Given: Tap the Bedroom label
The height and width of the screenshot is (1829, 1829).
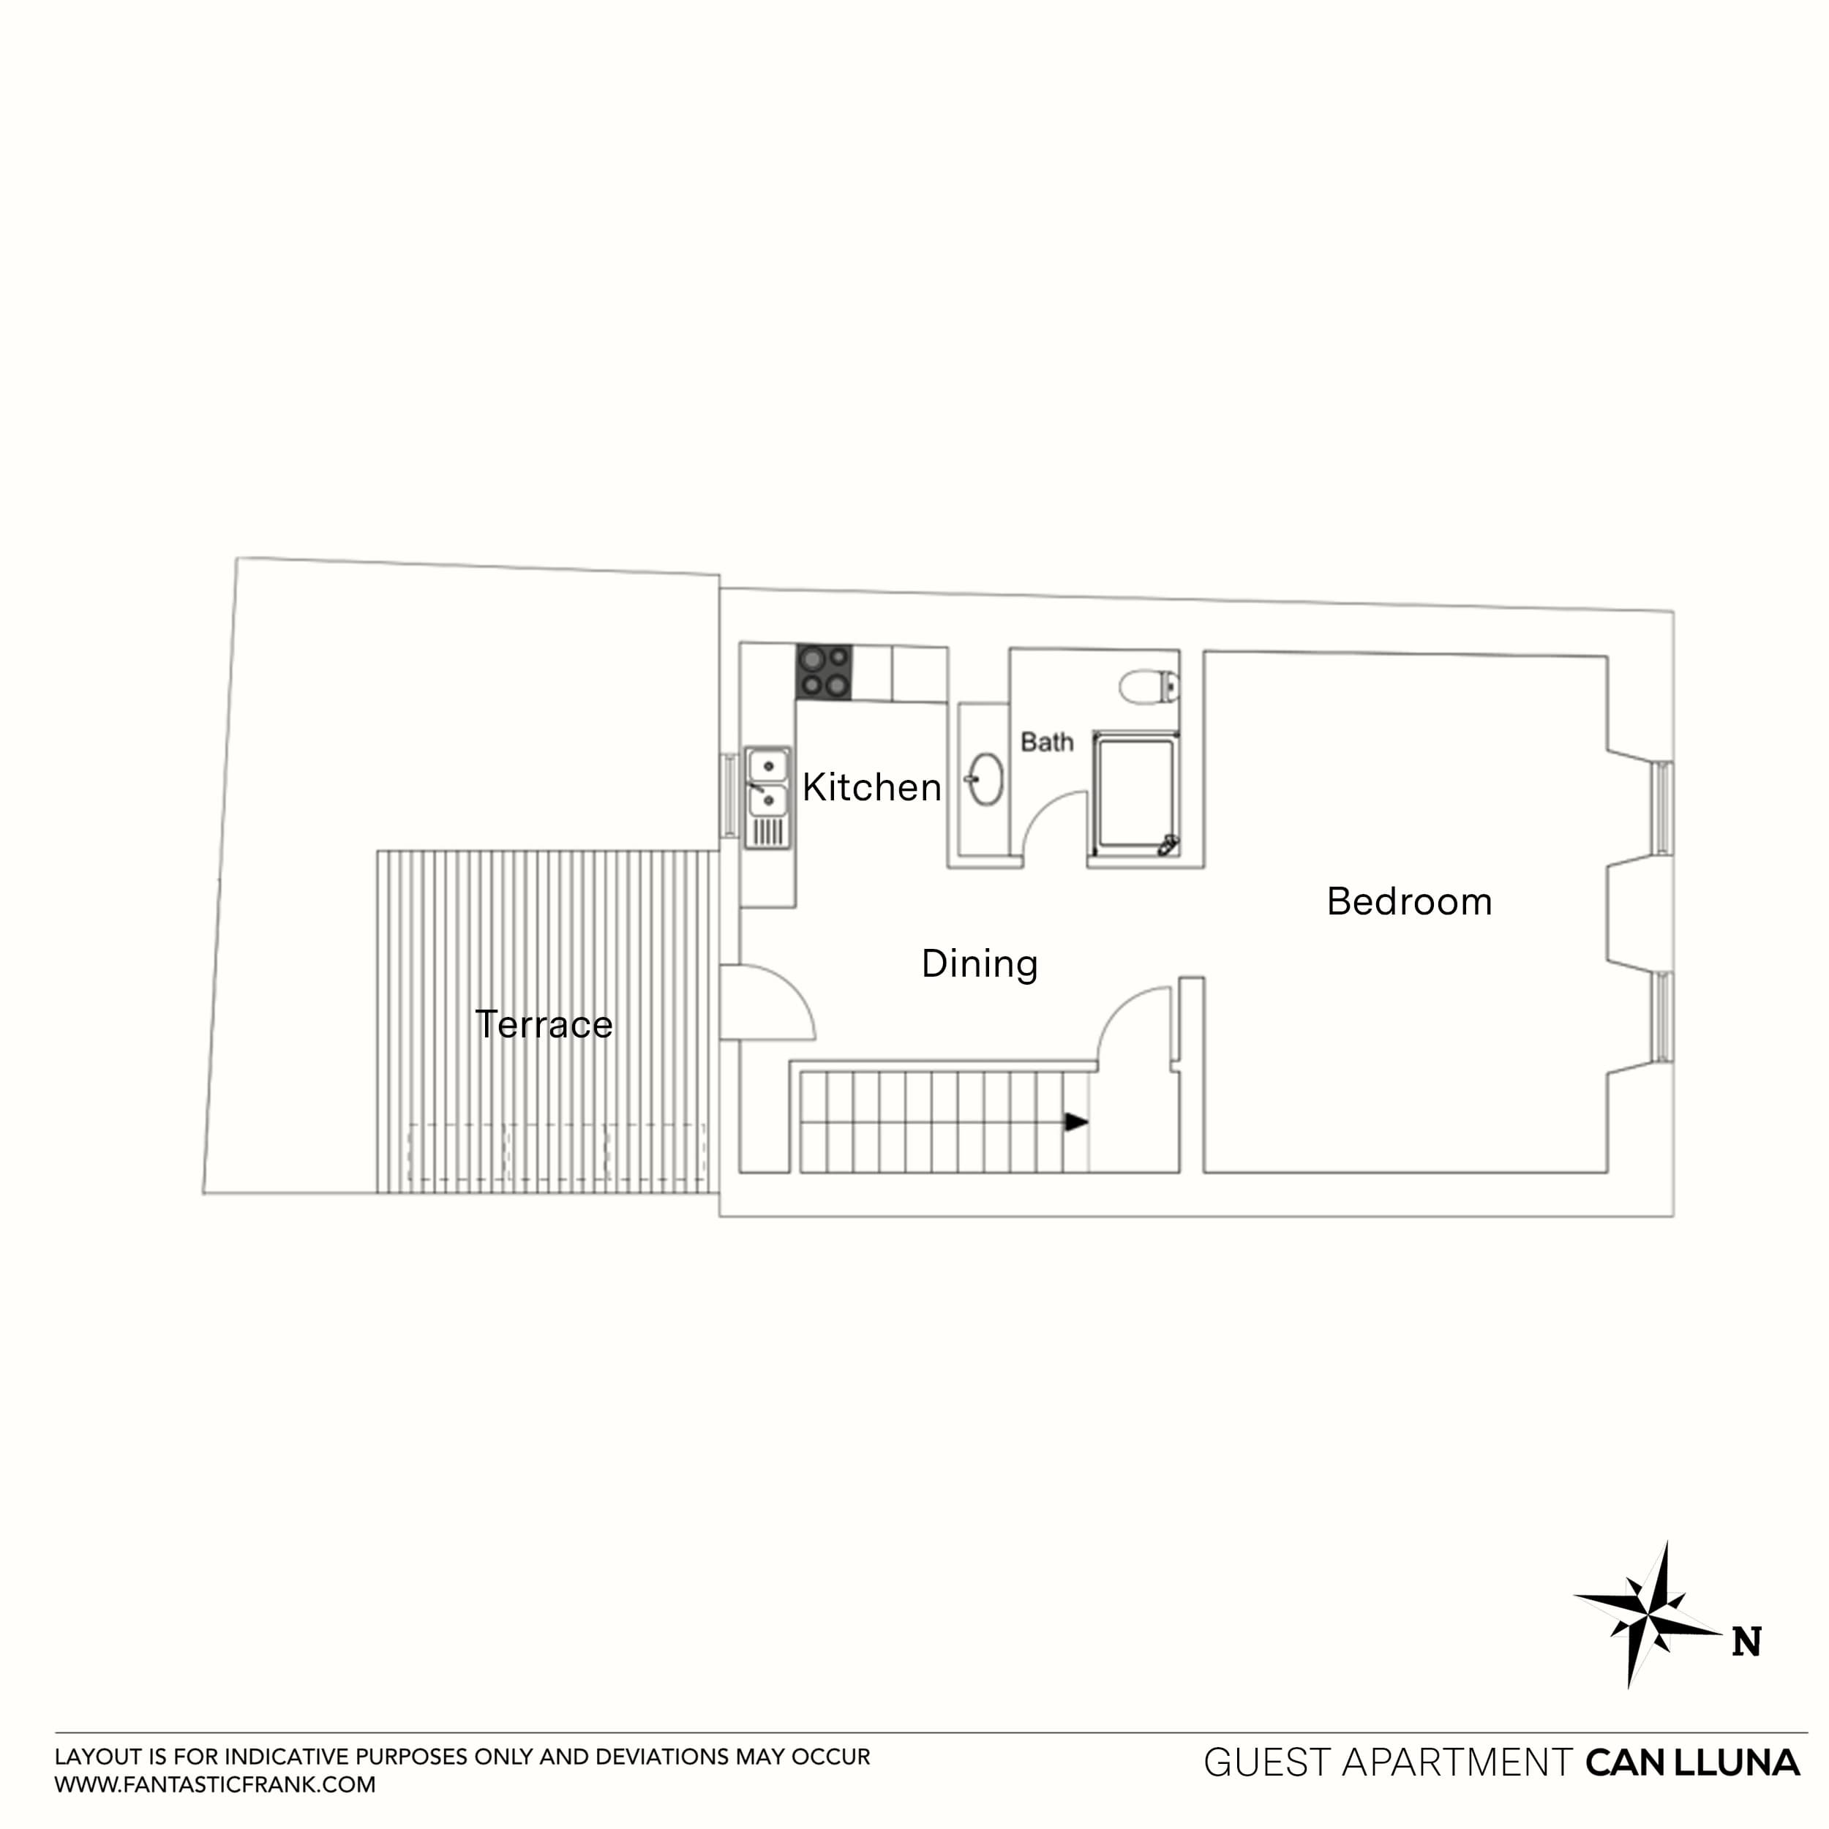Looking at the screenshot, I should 1408,902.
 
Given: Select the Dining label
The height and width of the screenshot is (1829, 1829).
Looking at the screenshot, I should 980,964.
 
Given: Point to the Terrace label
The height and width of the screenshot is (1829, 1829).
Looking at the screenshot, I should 544,1024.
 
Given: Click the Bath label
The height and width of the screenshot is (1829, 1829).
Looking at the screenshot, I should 1046,742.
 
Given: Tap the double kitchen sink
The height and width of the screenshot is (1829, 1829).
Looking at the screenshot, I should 767,783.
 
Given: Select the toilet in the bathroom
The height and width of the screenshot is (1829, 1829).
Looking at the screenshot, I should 1149,686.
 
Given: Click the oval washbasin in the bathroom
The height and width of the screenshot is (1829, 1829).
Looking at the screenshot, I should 985,779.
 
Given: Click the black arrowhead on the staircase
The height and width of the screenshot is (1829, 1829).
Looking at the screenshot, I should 1075,1122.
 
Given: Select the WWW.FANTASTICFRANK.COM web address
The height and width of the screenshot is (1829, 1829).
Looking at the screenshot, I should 215,1785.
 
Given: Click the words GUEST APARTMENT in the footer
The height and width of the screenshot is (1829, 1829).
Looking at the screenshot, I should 1388,1762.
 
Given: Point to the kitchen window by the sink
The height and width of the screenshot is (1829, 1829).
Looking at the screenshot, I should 729,795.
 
